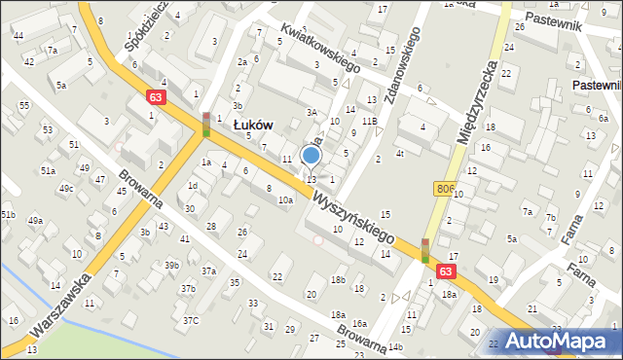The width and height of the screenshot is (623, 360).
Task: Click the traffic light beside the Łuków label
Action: click(206, 124)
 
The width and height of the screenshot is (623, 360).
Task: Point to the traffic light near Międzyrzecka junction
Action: click(425, 250)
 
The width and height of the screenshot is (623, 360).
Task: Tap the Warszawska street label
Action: click(60, 304)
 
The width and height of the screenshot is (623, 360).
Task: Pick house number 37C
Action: click(191, 320)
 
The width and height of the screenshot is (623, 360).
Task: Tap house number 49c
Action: click(66, 188)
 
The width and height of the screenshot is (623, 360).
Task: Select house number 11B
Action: click(370, 121)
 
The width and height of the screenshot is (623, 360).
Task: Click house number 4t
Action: click(399, 153)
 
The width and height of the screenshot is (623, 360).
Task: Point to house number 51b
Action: click(8, 214)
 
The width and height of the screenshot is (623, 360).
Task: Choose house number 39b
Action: click(171, 265)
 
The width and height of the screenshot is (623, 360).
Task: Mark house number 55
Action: click(24, 105)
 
